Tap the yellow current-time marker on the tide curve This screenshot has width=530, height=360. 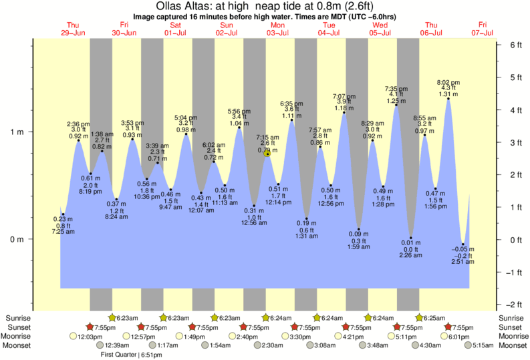[267, 154]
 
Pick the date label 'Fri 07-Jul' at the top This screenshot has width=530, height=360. [483, 29]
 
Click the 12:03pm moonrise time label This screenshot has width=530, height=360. [90, 337]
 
